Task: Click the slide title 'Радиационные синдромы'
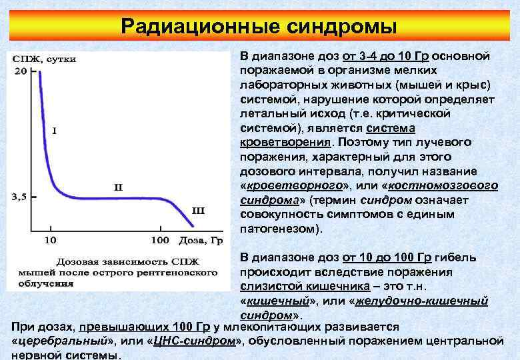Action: (259, 27)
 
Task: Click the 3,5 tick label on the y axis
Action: (21, 197)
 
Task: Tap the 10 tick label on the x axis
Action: (50, 239)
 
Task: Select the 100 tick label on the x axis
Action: (160, 239)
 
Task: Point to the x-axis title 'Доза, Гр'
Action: (199, 239)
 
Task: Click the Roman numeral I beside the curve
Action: (53, 131)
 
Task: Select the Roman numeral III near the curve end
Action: (198, 211)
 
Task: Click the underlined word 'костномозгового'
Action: (443, 186)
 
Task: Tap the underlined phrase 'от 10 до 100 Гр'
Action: (387, 258)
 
